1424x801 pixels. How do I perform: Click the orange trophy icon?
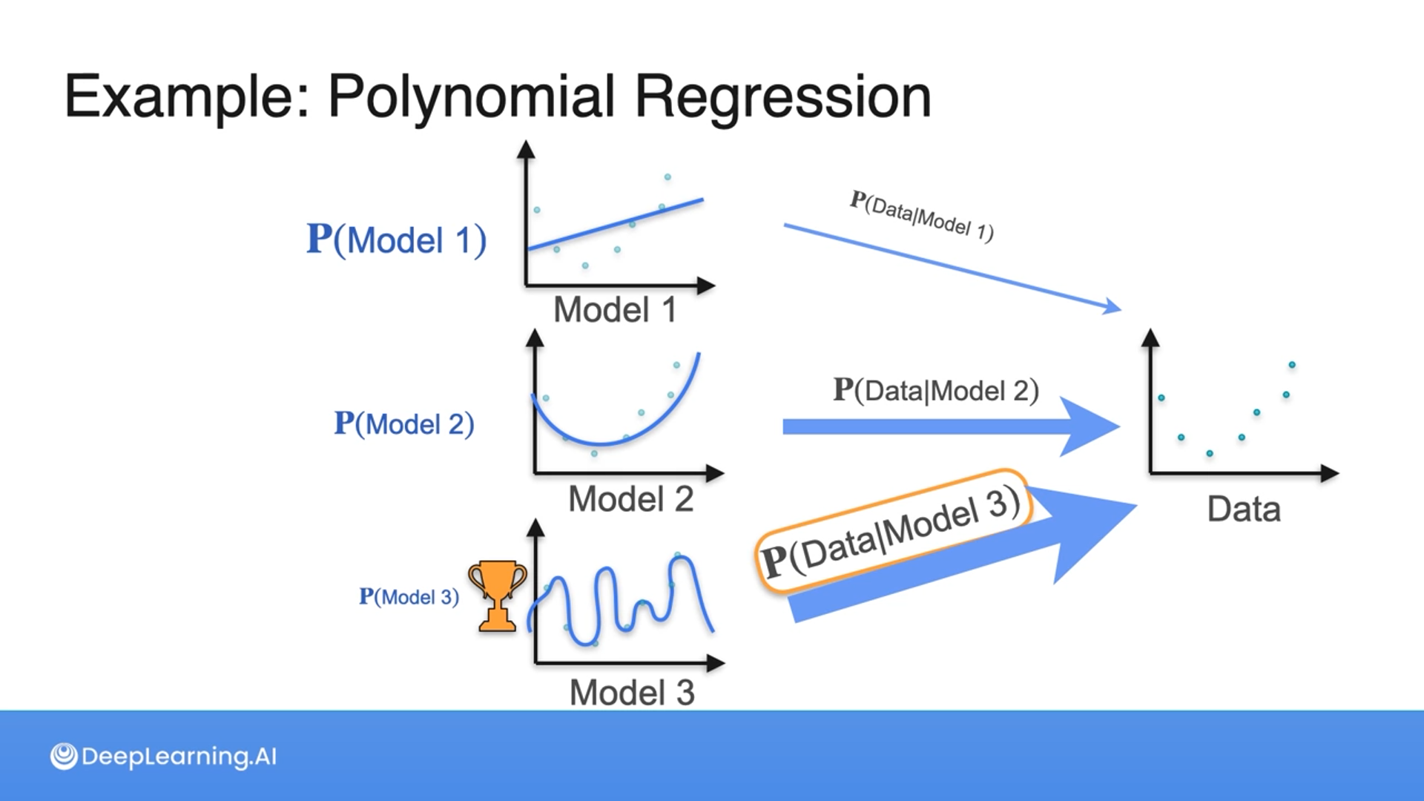coord(497,595)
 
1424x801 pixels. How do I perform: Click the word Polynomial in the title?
coord(471,97)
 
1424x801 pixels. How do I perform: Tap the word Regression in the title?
coord(782,97)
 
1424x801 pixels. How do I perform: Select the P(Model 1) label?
coord(397,240)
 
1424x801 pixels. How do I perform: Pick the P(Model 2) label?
coord(404,423)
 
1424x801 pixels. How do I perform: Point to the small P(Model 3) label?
coord(409,596)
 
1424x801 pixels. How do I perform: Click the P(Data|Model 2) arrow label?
coord(936,390)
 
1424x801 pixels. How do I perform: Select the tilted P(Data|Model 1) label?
coord(921,216)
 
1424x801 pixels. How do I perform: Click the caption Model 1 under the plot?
coord(615,309)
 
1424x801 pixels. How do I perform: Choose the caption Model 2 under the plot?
coord(630,499)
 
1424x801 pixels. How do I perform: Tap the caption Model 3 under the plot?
coord(632,693)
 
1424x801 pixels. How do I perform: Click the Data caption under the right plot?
coord(1244,510)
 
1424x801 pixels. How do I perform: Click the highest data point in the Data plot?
coord(1292,365)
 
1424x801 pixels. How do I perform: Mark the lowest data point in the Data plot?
coord(1210,453)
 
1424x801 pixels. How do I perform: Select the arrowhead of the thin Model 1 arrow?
coord(1112,307)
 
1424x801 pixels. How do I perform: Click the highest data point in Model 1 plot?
coord(667,177)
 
